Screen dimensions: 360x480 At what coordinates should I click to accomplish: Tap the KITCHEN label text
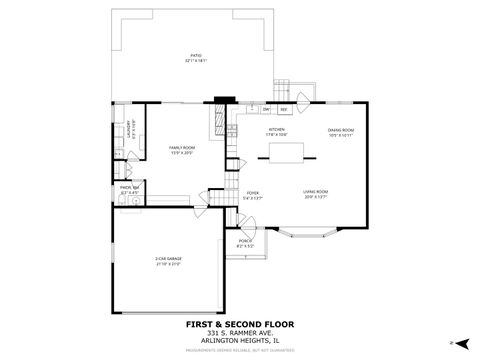pyautogui.click(x=276, y=129)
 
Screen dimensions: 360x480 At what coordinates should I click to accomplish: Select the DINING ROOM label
pyautogui.click(x=342, y=129)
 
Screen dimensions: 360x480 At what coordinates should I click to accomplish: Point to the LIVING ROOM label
pyautogui.click(x=316, y=192)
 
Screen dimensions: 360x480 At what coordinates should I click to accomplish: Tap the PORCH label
pyautogui.click(x=245, y=241)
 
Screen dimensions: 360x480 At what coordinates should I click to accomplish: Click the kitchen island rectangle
pyautogui.click(x=283, y=152)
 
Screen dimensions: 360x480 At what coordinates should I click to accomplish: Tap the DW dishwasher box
pyautogui.click(x=267, y=109)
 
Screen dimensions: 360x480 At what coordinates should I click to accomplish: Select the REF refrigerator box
pyautogui.click(x=284, y=109)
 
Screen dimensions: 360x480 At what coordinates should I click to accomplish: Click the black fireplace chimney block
pyautogui.click(x=222, y=100)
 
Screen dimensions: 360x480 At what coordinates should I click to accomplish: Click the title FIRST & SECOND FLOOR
pyautogui.click(x=239, y=324)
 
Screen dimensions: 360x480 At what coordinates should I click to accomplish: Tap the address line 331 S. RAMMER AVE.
pyautogui.click(x=239, y=332)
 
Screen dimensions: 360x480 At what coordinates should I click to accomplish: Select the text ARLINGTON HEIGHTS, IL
pyautogui.click(x=239, y=340)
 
